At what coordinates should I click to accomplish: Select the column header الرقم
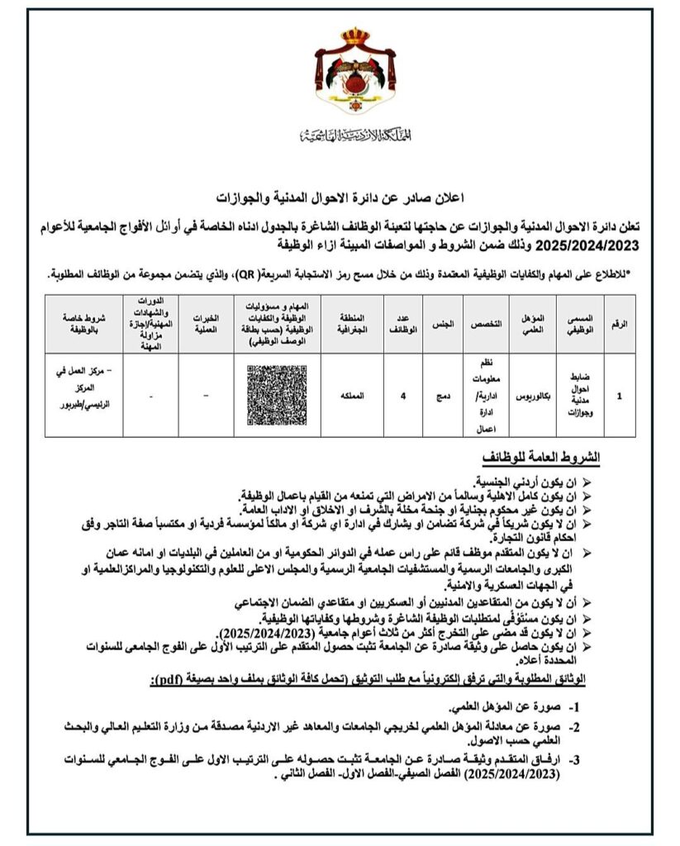click(x=620, y=324)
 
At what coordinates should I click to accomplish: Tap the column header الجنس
click(x=444, y=324)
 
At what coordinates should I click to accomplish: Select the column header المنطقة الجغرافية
click(x=349, y=324)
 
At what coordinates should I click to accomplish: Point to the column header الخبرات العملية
click(x=204, y=324)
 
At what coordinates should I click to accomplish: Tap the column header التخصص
click(x=487, y=324)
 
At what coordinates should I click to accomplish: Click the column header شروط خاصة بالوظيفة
click(x=81, y=324)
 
